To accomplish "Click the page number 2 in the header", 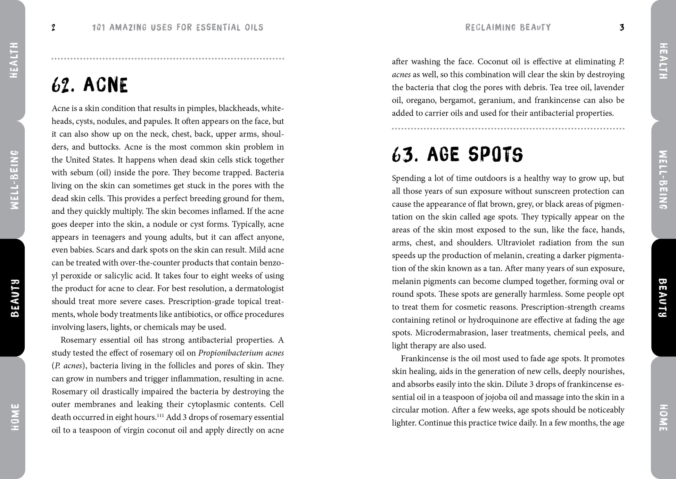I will pos(53,27).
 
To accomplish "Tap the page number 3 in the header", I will pos(622,27).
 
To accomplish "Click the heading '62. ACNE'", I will pos(90,85).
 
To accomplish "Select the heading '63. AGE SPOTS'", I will pos(457,155).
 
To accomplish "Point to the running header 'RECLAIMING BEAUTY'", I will pos(508,27).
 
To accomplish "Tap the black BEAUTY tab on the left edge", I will pos(14,298).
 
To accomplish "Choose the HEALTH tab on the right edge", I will pos(663,61).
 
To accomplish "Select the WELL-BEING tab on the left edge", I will pos(14,180).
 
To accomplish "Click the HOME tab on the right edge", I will pos(663,418).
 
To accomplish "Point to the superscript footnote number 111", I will pos(160,415).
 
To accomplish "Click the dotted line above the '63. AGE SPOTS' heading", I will pos(508,129).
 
